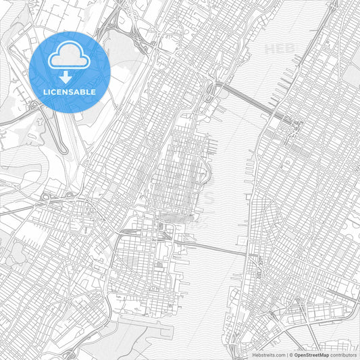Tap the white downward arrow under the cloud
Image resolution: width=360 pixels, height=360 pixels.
70,76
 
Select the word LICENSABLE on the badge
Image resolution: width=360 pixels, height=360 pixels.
70,92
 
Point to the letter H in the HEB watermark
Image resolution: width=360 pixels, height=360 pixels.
270,49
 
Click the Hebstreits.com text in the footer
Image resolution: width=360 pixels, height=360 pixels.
267,354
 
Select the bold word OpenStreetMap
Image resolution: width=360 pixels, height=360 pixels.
312,354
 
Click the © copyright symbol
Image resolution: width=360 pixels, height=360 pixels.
291,354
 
